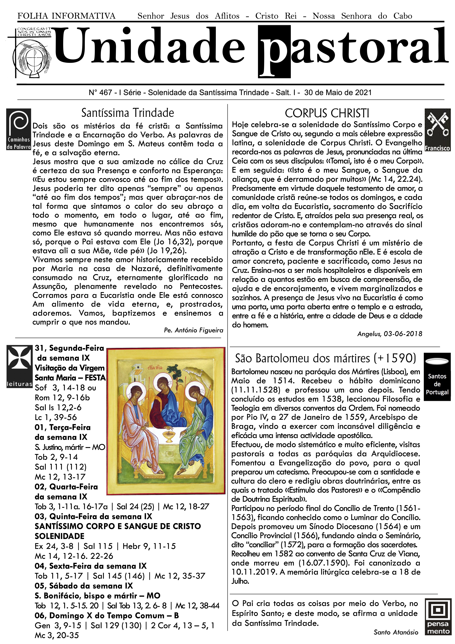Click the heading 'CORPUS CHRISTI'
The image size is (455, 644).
tap(327, 113)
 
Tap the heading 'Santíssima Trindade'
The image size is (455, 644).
tap(128, 113)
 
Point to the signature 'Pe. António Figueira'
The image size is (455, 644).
tap(193, 330)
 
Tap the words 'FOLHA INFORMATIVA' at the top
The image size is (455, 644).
tap(66, 16)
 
